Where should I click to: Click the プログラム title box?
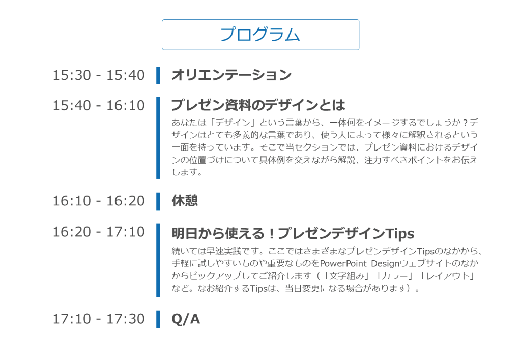(x=260, y=35)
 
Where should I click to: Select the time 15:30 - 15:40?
(x=99, y=75)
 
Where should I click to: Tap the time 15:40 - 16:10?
(x=99, y=106)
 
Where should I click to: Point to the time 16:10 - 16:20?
(x=99, y=201)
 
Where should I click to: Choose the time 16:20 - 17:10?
(x=99, y=232)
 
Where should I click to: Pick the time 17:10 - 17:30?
(x=99, y=319)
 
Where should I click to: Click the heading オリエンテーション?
(x=231, y=75)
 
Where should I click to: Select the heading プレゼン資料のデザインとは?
(x=258, y=105)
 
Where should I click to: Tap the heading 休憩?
(x=185, y=201)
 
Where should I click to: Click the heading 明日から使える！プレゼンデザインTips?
(x=293, y=233)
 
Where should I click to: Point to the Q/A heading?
(x=186, y=319)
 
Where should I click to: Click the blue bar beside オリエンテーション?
(x=158, y=75)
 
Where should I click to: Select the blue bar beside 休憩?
(x=158, y=201)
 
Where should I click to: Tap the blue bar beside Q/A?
(x=158, y=319)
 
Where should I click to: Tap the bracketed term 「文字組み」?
(x=345, y=276)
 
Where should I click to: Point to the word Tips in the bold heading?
(x=400, y=233)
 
